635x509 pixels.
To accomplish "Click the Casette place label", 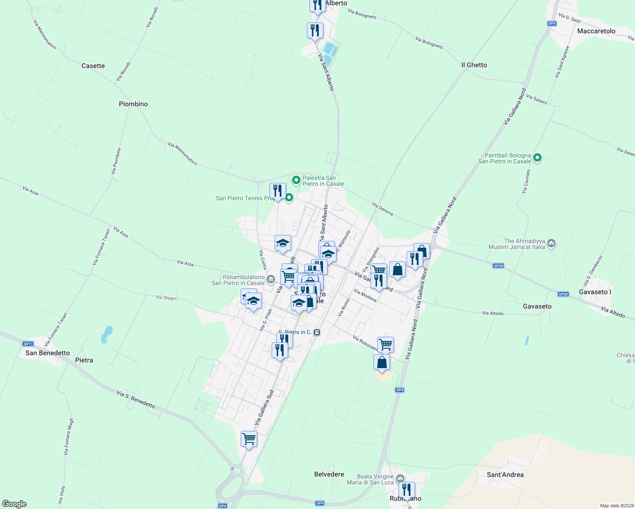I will pos(93,66).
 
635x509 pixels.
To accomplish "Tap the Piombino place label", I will pos(133,104).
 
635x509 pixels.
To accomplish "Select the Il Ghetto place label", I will pos(474,65).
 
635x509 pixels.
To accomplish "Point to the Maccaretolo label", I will pos(596,31).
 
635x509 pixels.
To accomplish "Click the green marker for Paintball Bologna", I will pos(537,158).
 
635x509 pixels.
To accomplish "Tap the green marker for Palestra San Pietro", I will pos(296,181).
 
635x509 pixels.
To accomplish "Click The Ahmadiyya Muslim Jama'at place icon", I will pos(551,243).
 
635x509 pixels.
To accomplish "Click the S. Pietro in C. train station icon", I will pos(317,333).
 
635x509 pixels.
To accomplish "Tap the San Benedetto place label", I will pos(48,353).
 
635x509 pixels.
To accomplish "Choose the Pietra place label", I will pos(84,360).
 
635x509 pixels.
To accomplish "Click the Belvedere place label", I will pos(329,474).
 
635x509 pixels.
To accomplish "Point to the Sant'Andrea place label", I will pos(505,475).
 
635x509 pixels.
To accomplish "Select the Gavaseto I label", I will pos(595,292).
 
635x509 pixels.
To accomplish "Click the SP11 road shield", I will pos(28,344).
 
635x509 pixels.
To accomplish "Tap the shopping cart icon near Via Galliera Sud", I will pos(249,439).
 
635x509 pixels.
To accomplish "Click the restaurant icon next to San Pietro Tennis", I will pos(278,190).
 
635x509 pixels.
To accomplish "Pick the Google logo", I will pos(14,504).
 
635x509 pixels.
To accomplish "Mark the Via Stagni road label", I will pos(166,298).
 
